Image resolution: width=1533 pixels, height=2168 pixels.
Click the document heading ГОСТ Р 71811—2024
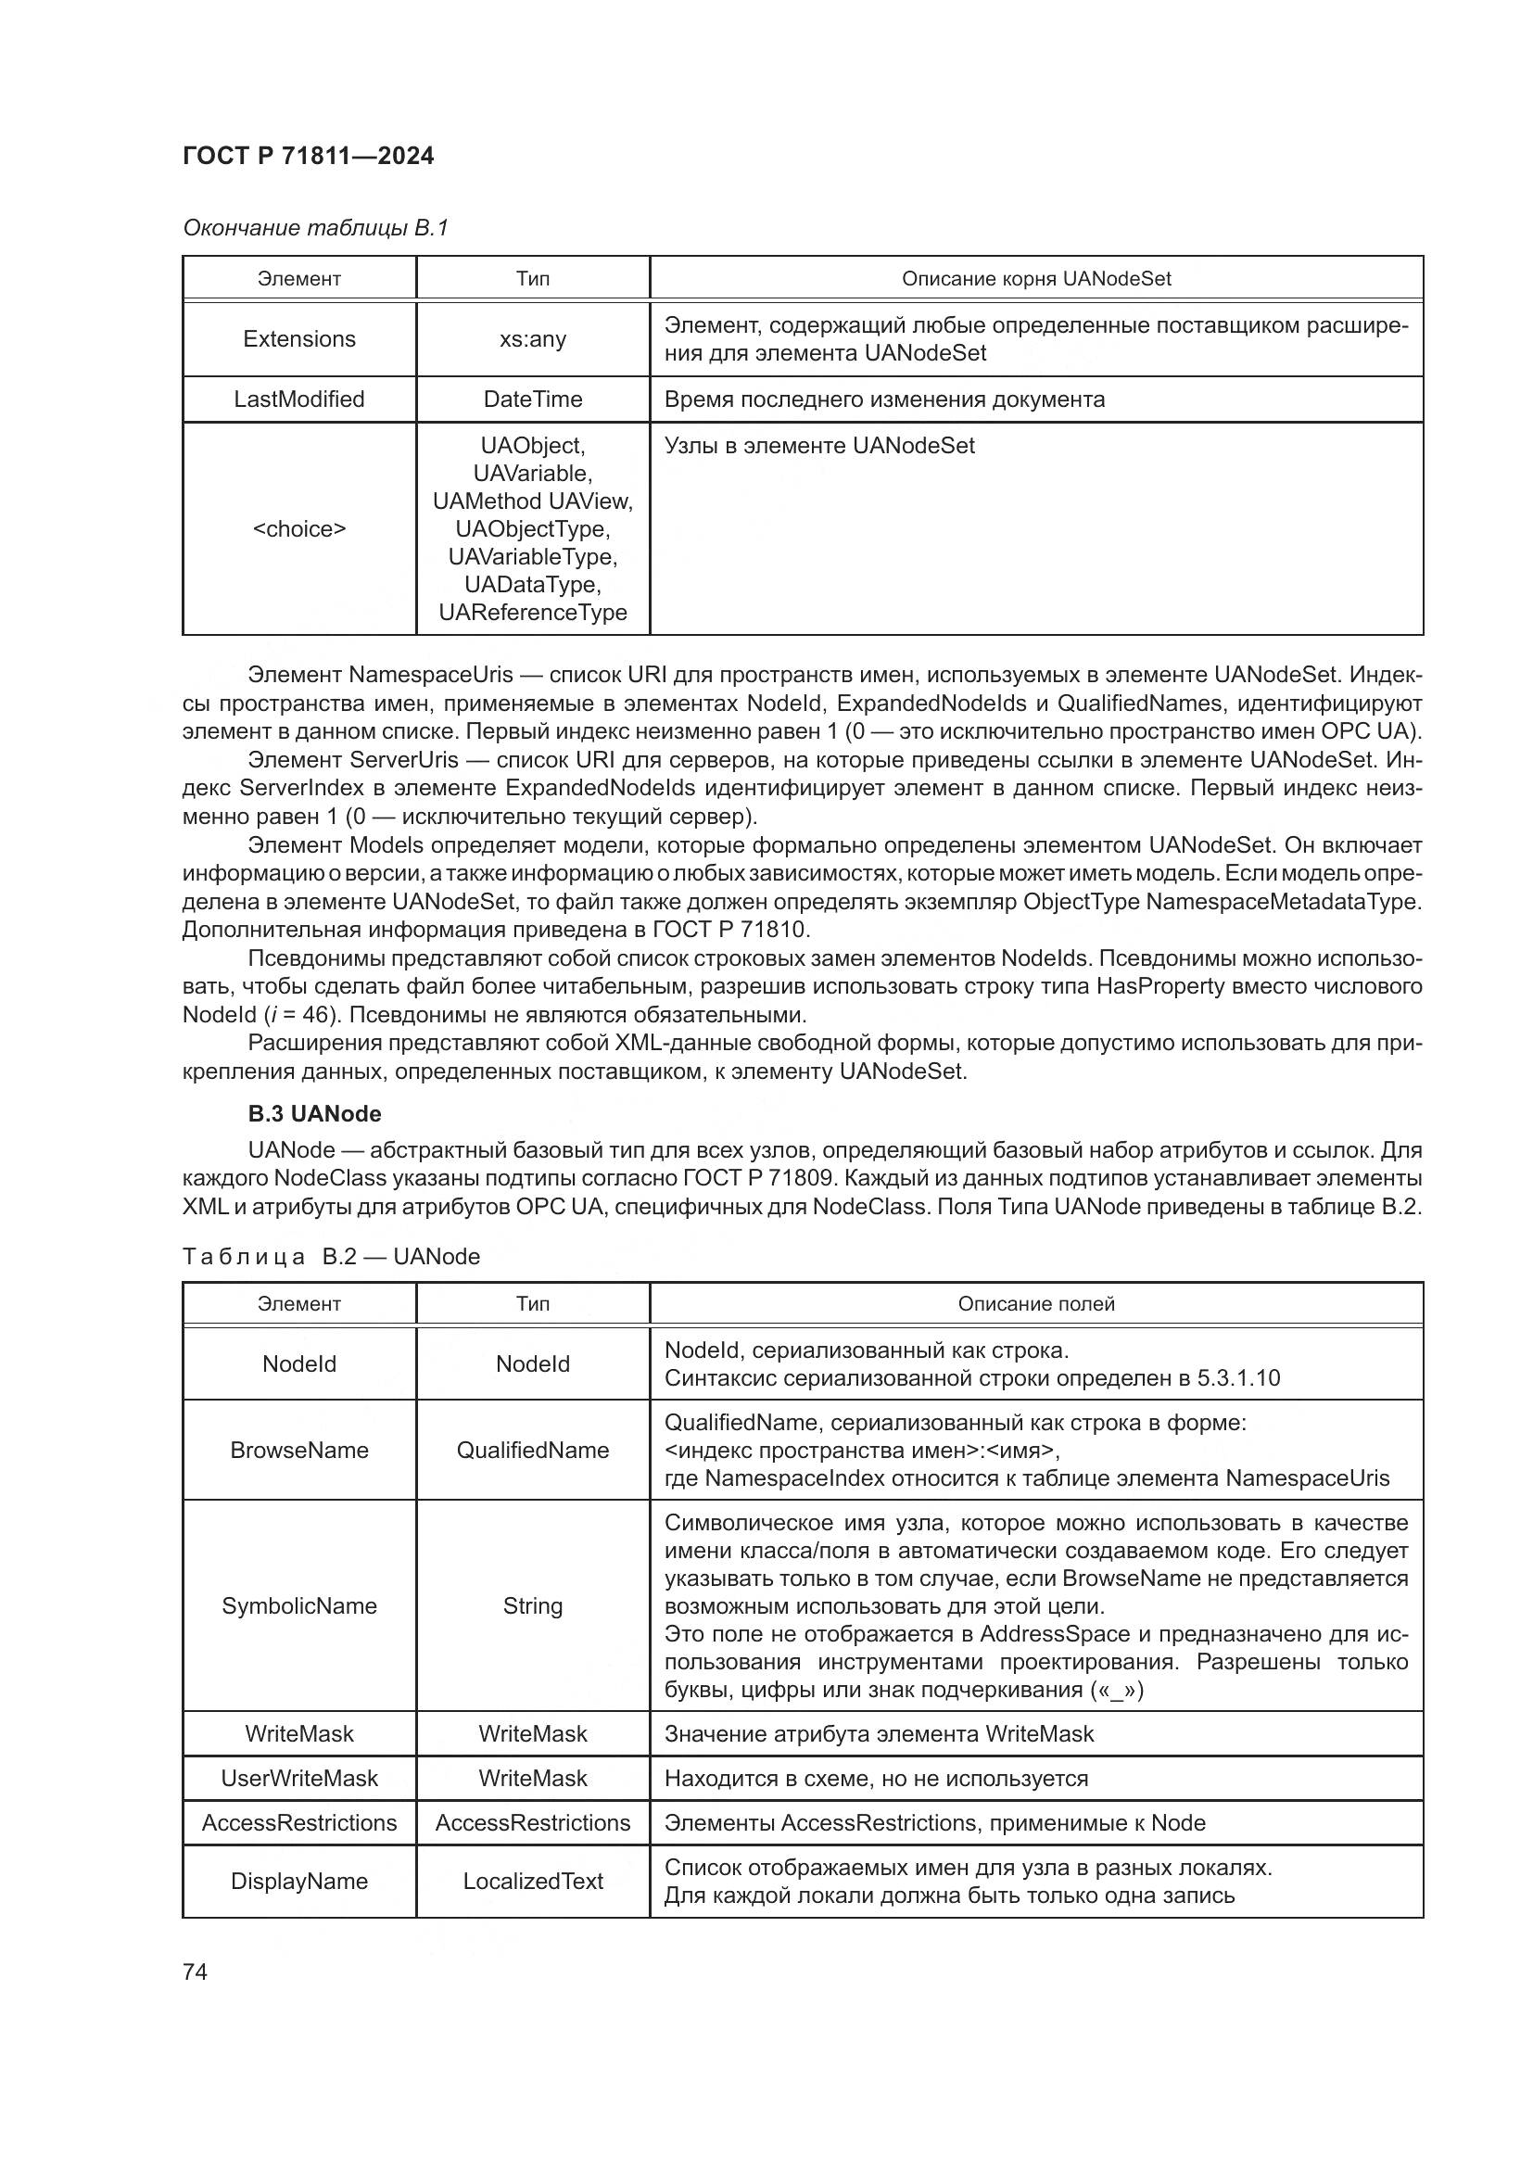308,156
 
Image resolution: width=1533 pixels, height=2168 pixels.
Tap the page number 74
195,1971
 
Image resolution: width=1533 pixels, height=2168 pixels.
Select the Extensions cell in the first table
299,339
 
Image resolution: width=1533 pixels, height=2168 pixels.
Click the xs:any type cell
532,339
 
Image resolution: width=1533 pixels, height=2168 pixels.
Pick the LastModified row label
299,399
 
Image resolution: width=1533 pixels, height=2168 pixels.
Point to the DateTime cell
532,399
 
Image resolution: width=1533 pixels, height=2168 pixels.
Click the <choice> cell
299,528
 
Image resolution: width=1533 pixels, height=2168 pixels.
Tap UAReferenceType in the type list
532,613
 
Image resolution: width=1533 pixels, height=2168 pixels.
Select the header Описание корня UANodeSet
1035,279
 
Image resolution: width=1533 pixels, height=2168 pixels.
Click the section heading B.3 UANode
314,1114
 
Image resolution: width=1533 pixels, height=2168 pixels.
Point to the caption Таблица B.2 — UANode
331,1257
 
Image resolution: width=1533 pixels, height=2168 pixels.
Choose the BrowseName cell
299,1451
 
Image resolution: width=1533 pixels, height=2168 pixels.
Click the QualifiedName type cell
532,1451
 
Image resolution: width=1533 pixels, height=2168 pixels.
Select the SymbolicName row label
299,1606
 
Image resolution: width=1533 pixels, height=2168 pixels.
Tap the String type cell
532,1606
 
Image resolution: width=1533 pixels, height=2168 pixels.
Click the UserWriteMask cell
299,1779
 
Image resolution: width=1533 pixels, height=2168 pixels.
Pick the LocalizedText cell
532,1882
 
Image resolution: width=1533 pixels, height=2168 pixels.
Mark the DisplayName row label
299,1882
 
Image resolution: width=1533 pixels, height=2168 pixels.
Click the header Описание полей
1035,1304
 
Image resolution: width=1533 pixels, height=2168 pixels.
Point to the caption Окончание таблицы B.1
315,228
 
